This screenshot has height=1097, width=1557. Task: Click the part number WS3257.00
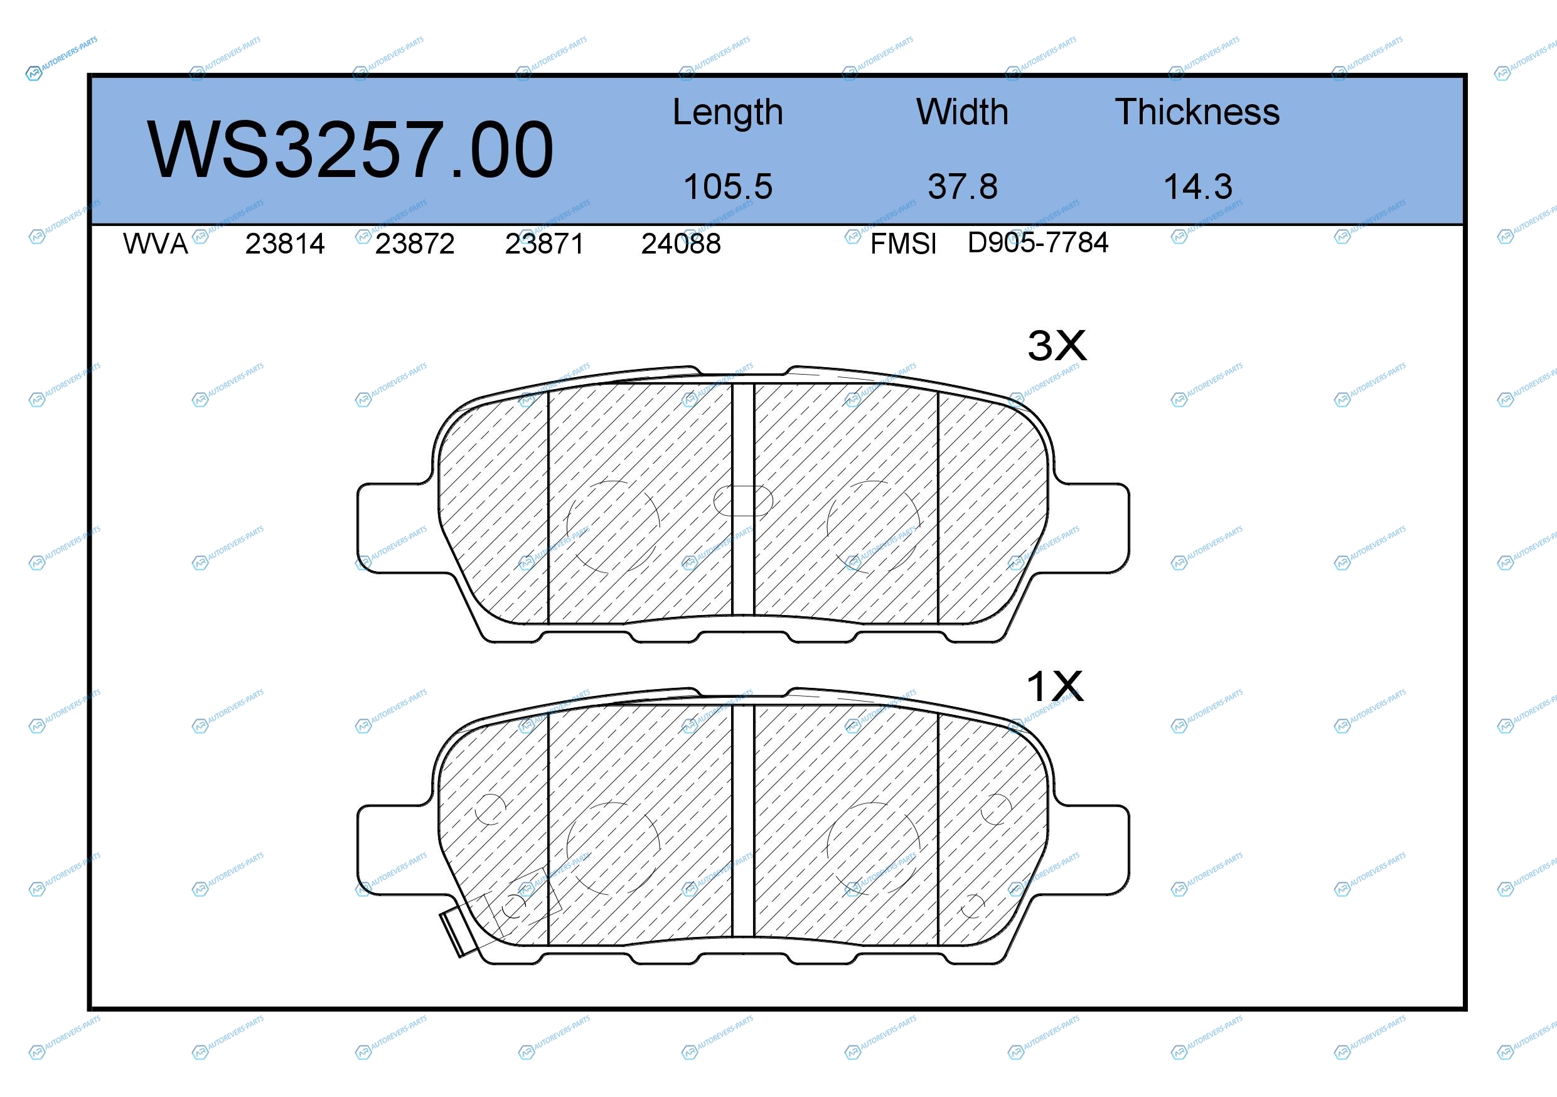(x=350, y=149)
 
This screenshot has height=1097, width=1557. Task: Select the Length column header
(x=727, y=112)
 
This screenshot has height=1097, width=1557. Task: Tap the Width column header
(x=962, y=112)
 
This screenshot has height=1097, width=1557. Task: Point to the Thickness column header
(x=1197, y=112)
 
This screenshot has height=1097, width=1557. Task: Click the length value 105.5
(x=727, y=186)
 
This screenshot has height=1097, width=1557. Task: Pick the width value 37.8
(x=962, y=186)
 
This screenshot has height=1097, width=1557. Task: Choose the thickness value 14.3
(x=1197, y=186)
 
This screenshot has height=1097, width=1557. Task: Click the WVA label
(x=155, y=243)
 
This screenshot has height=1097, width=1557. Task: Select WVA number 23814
(x=285, y=243)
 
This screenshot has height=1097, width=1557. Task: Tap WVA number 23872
(x=414, y=243)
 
